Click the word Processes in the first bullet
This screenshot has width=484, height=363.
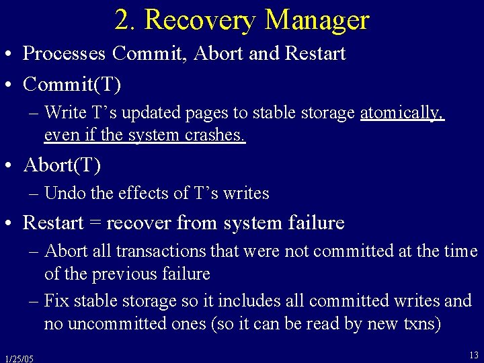(65, 54)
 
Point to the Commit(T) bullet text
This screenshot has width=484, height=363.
(72, 84)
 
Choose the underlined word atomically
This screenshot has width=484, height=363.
(402, 113)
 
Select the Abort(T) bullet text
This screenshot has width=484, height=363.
(63, 164)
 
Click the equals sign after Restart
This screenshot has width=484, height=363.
(96, 223)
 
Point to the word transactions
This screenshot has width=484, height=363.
(160, 251)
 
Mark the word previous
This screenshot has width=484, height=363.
(126, 274)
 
